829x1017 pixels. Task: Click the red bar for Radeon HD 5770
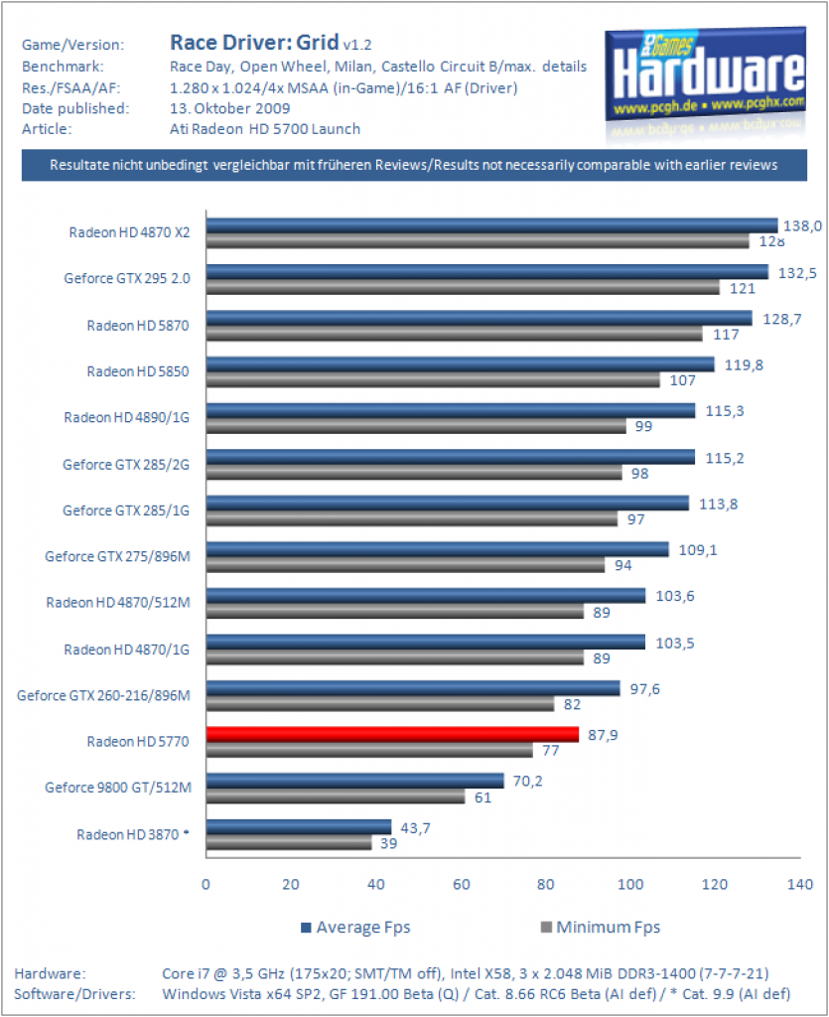point(393,734)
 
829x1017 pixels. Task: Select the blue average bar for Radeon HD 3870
point(299,827)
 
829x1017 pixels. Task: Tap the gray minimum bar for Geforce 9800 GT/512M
point(336,797)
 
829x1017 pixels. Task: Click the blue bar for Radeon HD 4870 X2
point(492,225)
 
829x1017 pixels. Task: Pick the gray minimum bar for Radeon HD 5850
point(433,380)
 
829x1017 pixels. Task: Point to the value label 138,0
point(802,225)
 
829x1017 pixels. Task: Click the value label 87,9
point(603,735)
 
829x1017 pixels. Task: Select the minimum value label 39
point(389,843)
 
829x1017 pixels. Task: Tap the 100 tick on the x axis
point(630,884)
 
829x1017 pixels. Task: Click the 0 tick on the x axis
point(206,884)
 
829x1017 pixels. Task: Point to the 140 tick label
point(800,884)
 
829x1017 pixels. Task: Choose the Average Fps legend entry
point(355,928)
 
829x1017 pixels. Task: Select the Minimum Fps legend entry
point(601,928)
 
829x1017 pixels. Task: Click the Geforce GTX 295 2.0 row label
point(127,278)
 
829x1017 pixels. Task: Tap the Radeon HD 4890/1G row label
point(127,417)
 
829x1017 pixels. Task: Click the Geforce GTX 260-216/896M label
point(103,695)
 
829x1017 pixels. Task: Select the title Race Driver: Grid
point(254,43)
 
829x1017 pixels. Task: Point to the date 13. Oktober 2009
point(230,108)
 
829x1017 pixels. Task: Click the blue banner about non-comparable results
point(414,165)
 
